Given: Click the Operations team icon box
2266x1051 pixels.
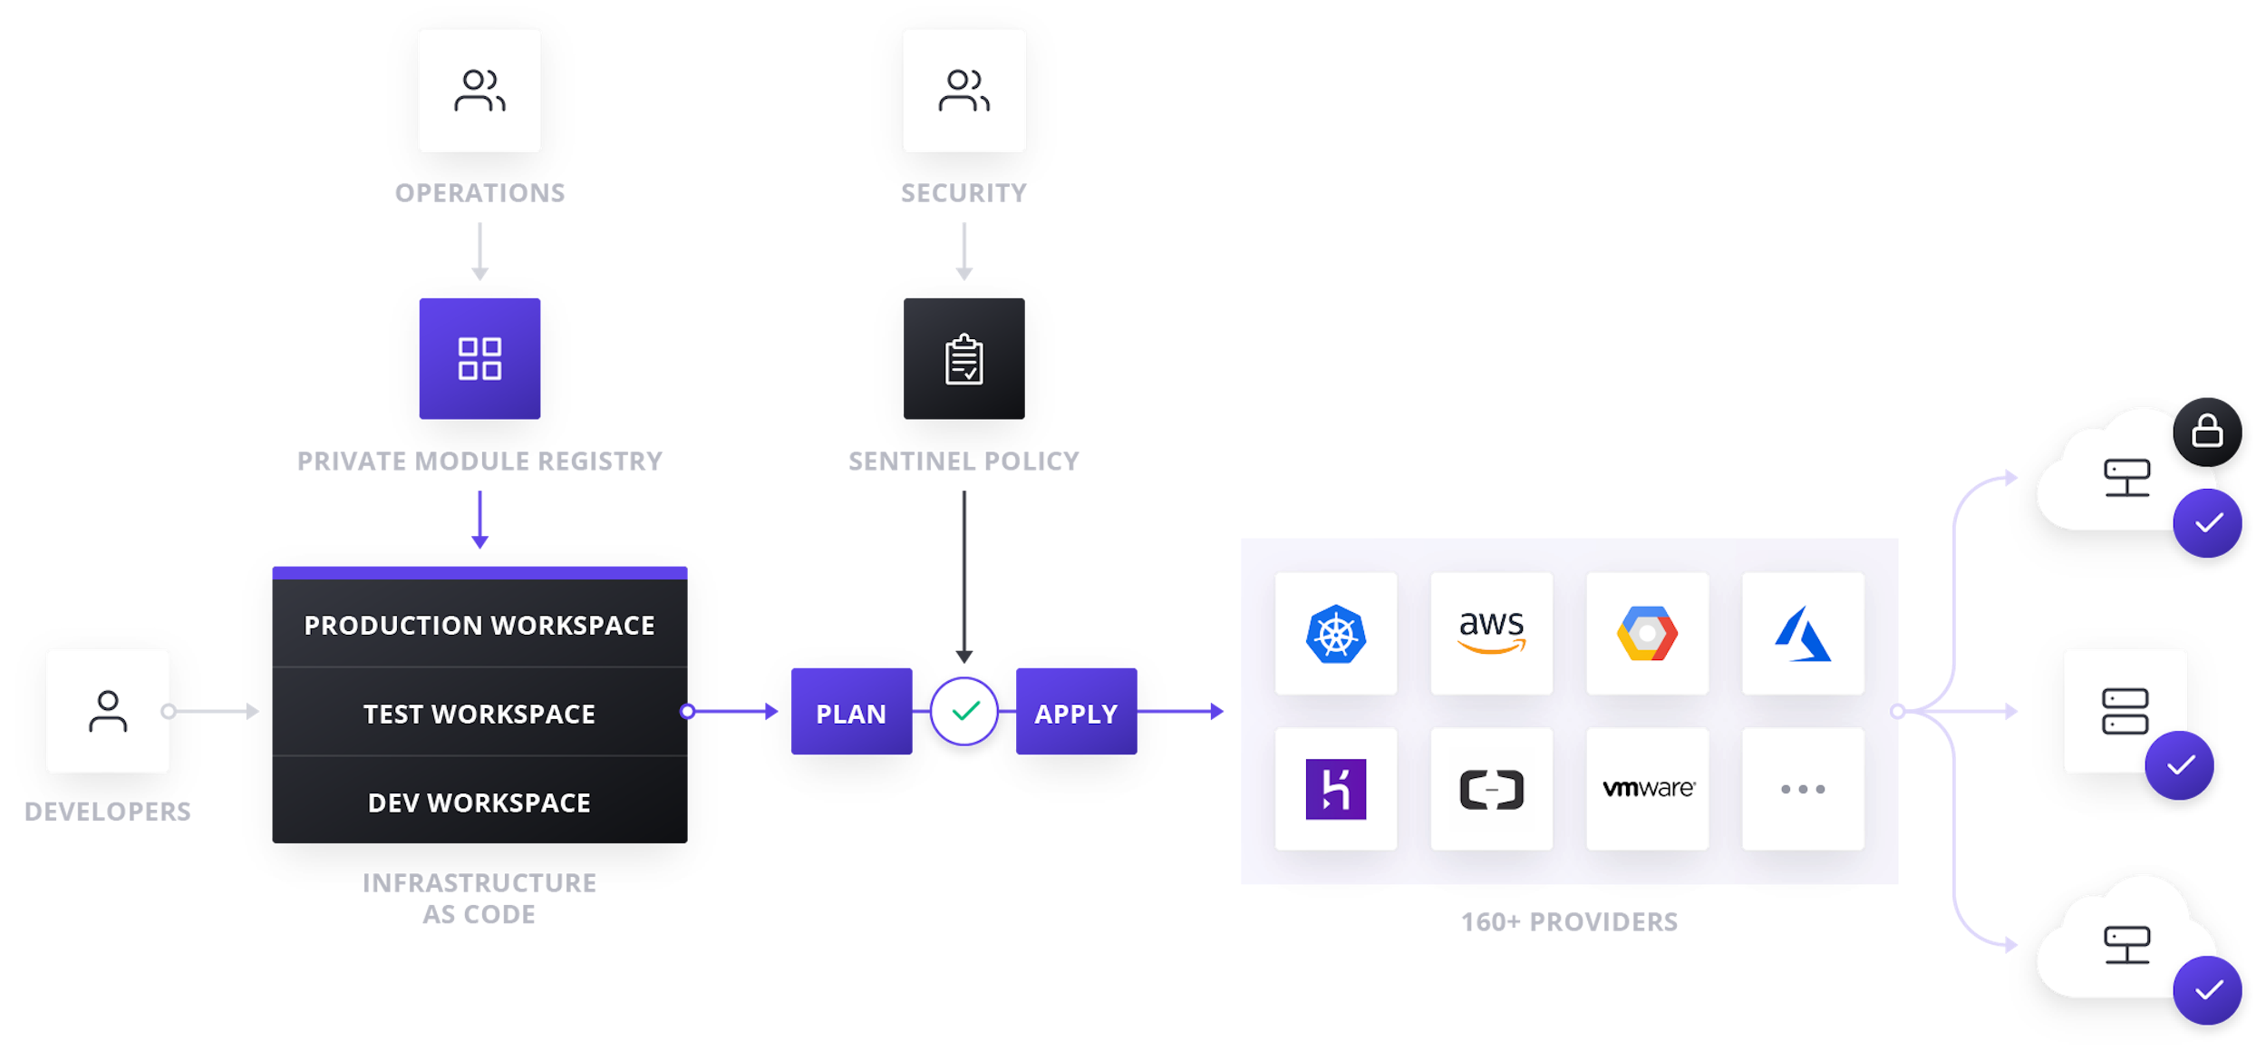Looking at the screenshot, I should (479, 90).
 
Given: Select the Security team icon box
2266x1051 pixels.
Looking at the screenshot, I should (964, 90).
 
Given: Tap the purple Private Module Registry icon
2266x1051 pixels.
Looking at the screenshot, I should (479, 358).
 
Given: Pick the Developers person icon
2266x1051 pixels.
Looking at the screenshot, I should (108, 711).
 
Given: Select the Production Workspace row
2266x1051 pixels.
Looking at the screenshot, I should (479, 625).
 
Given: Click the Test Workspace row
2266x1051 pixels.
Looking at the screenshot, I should (479, 714).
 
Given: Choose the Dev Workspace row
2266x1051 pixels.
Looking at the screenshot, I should (479, 802).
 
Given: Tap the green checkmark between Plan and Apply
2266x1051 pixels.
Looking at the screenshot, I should (964, 711).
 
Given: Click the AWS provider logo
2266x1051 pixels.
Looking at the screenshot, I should (1491, 632).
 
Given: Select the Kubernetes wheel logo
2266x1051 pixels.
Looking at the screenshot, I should (1335, 633).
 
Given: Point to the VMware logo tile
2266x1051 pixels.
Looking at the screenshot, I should (1647, 788).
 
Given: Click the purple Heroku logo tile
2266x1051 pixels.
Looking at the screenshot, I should (1335, 788).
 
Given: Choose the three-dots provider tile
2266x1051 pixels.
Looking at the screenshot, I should (1802, 788).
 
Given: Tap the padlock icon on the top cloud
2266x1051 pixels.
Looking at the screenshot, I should (2207, 432).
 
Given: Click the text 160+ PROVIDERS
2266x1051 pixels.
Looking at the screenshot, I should (1569, 921).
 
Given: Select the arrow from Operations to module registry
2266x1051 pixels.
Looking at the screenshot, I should (479, 251).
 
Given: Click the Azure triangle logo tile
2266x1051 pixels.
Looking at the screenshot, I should (1802, 633).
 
